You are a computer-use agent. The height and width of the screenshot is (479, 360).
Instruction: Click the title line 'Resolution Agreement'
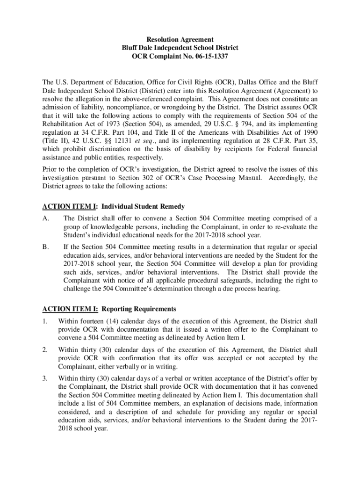[x=180, y=40]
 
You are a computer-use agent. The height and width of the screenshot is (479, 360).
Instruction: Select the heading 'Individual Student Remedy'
[x=143, y=206]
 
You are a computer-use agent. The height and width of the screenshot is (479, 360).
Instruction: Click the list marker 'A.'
[x=46, y=218]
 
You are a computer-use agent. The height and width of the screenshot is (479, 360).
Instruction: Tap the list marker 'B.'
[x=46, y=247]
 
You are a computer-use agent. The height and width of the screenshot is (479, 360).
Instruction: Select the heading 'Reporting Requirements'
[x=139, y=309]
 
